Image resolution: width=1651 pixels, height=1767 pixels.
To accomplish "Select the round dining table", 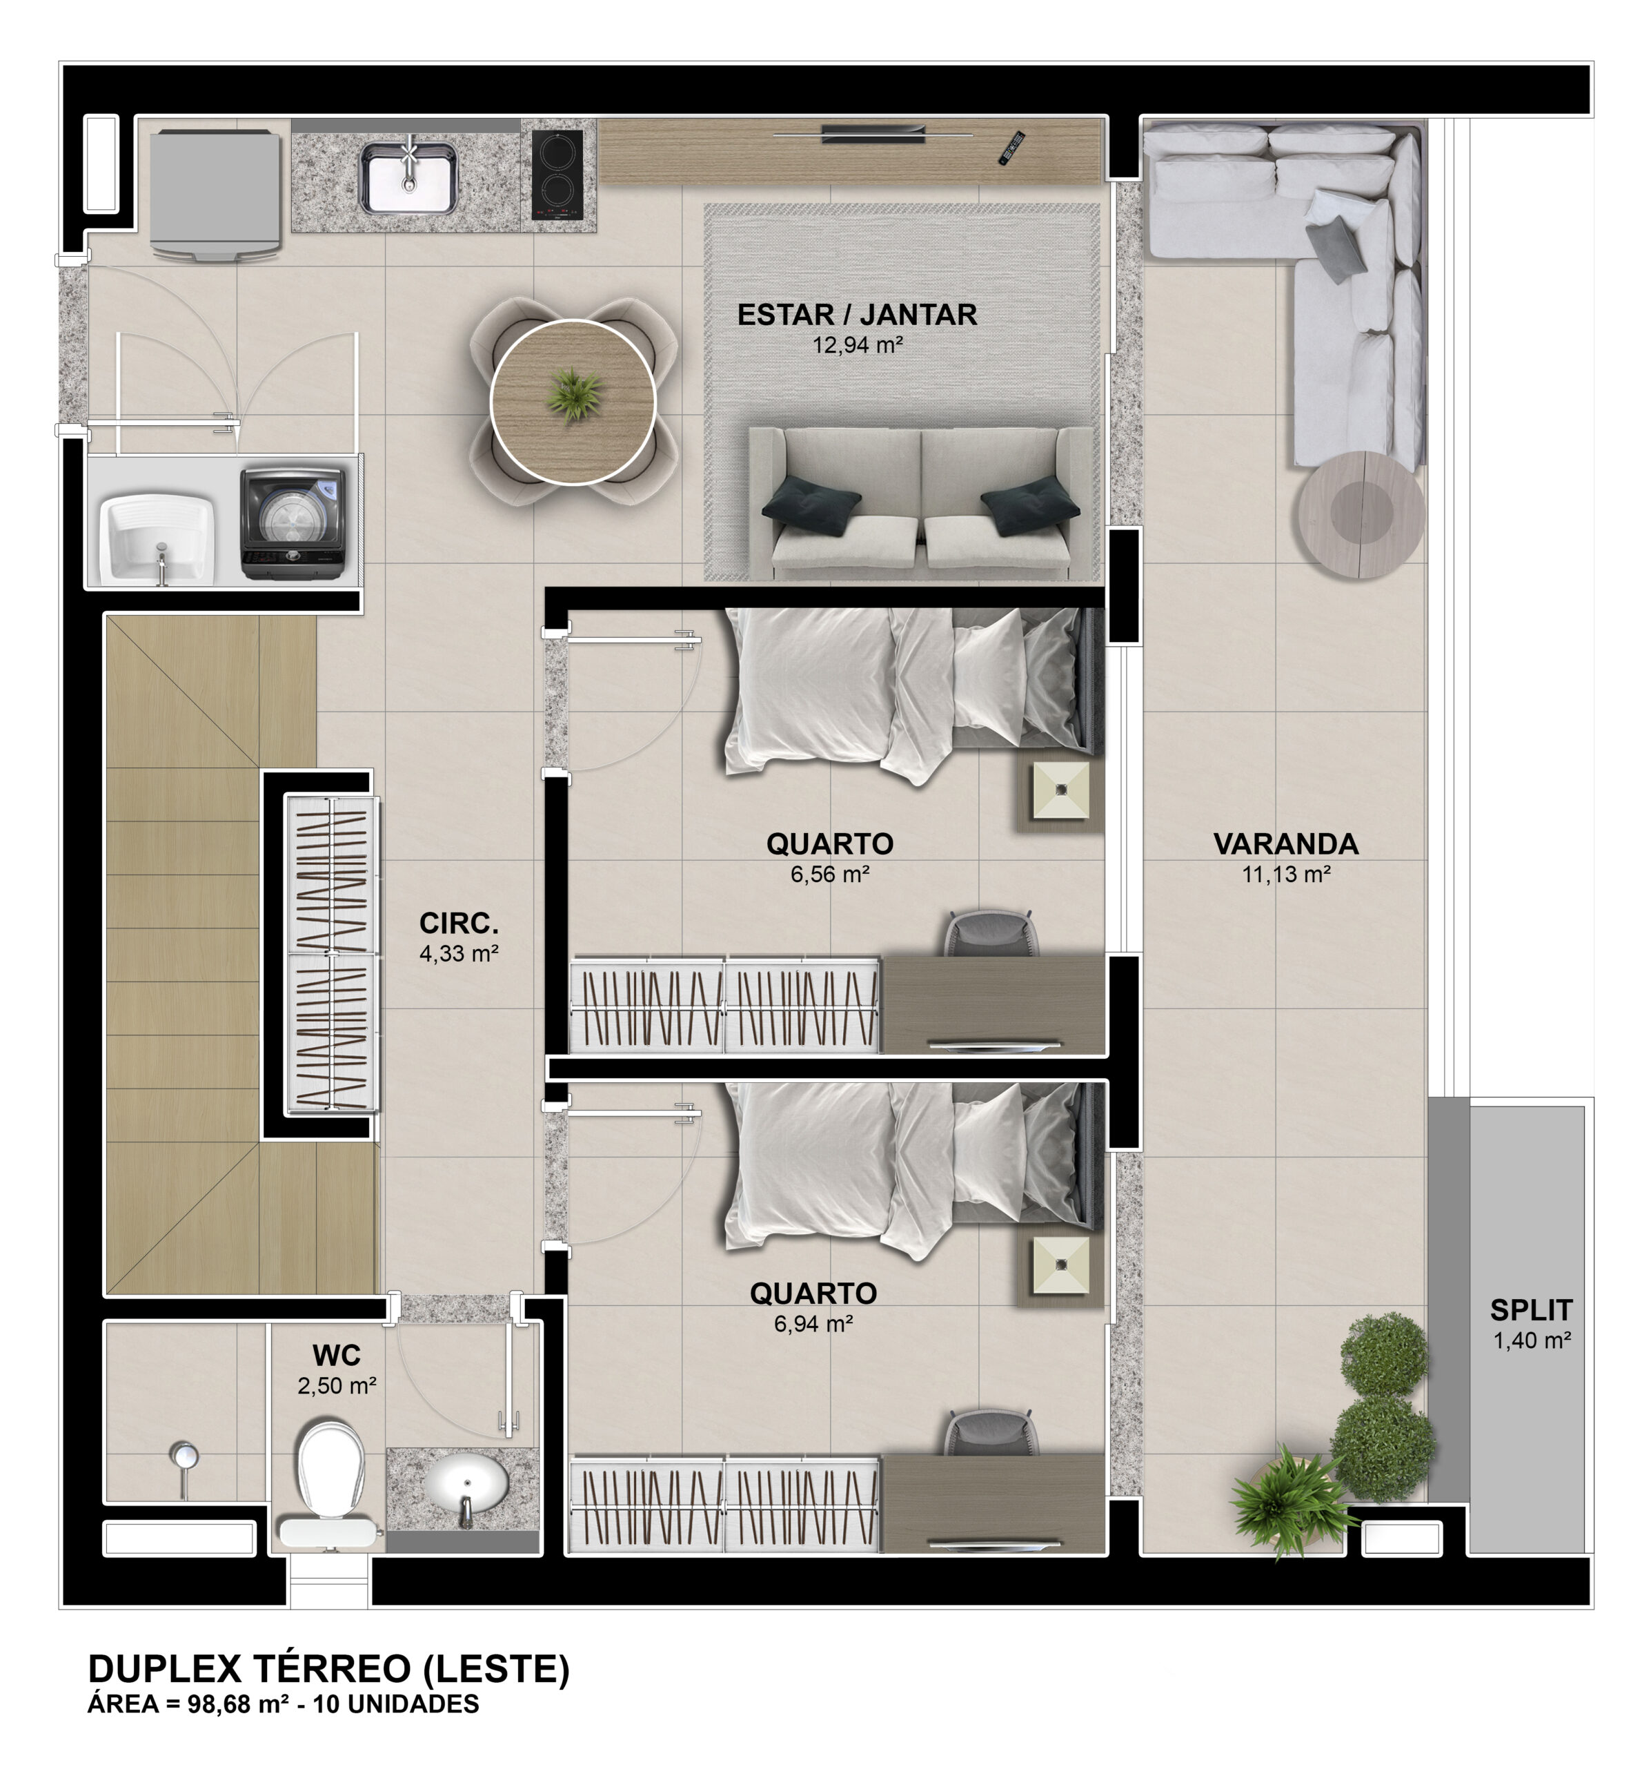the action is pyautogui.click(x=573, y=402).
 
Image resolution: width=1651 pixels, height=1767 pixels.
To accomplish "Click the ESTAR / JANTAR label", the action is pyautogui.click(x=857, y=315).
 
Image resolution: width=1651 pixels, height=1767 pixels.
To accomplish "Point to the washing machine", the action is pyautogui.click(x=293, y=523).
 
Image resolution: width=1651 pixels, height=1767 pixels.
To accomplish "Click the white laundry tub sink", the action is pyautogui.click(x=158, y=538).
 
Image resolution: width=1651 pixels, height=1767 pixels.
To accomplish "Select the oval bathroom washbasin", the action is pyautogui.click(x=466, y=1485).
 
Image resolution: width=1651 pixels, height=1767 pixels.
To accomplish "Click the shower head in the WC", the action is pyautogui.click(x=184, y=1457).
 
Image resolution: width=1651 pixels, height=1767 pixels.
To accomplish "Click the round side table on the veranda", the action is pyautogui.click(x=1361, y=515).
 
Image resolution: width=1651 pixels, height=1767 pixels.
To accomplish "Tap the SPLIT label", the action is pyautogui.click(x=1531, y=1309).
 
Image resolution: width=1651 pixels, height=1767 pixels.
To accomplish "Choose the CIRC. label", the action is pyautogui.click(x=459, y=923).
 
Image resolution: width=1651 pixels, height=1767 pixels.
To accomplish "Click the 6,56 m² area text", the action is pyautogui.click(x=829, y=874).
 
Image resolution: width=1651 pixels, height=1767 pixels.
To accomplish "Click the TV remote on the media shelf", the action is pyautogui.click(x=1012, y=148).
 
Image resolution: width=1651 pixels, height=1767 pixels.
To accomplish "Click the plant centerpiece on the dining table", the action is pyautogui.click(x=574, y=395).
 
